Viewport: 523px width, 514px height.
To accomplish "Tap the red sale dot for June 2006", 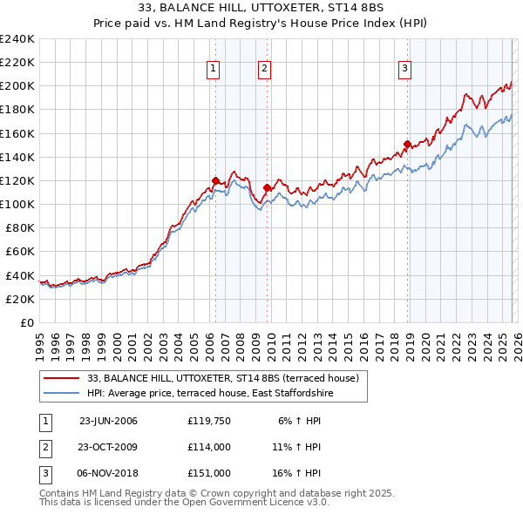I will click(215, 180).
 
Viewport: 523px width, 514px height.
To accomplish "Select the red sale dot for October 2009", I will click(267, 187).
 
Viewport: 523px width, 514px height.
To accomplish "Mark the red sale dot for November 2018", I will click(407, 144).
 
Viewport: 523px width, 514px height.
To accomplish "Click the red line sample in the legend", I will click(63, 378).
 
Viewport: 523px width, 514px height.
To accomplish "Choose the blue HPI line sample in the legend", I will click(63, 394).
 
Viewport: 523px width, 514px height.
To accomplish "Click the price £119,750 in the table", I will click(208, 421).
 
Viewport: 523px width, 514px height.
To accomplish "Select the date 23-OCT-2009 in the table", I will click(108, 447).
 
